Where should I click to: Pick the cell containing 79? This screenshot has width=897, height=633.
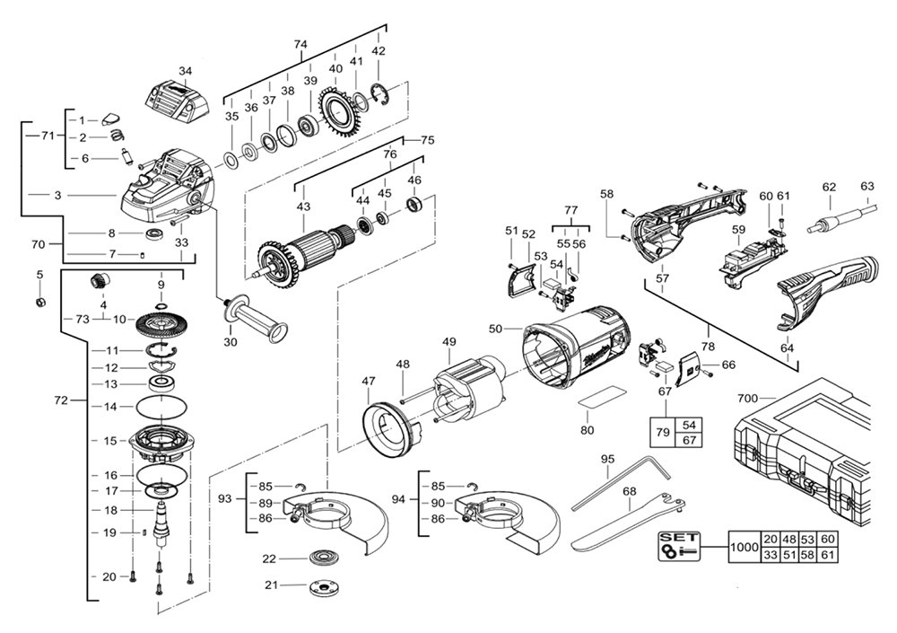point(663,433)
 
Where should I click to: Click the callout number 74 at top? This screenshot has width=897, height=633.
point(300,44)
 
